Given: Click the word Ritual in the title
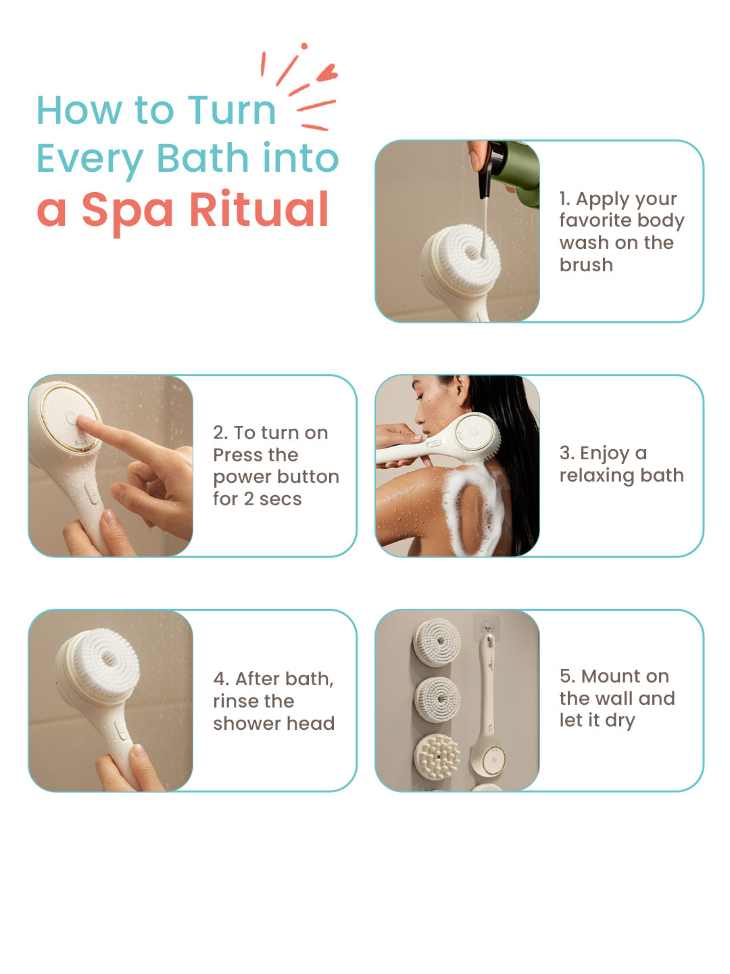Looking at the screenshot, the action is [x=259, y=210].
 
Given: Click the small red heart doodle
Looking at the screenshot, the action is [x=327, y=72].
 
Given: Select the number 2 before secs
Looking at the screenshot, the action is [x=249, y=499].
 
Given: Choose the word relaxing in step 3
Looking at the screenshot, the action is [x=597, y=476].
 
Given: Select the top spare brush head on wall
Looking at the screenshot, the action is [x=437, y=643].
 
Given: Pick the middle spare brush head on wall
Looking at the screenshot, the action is [x=437, y=700].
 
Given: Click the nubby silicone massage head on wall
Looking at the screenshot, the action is [x=437, y=756].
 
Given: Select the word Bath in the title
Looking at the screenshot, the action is [x=203, y=158].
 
